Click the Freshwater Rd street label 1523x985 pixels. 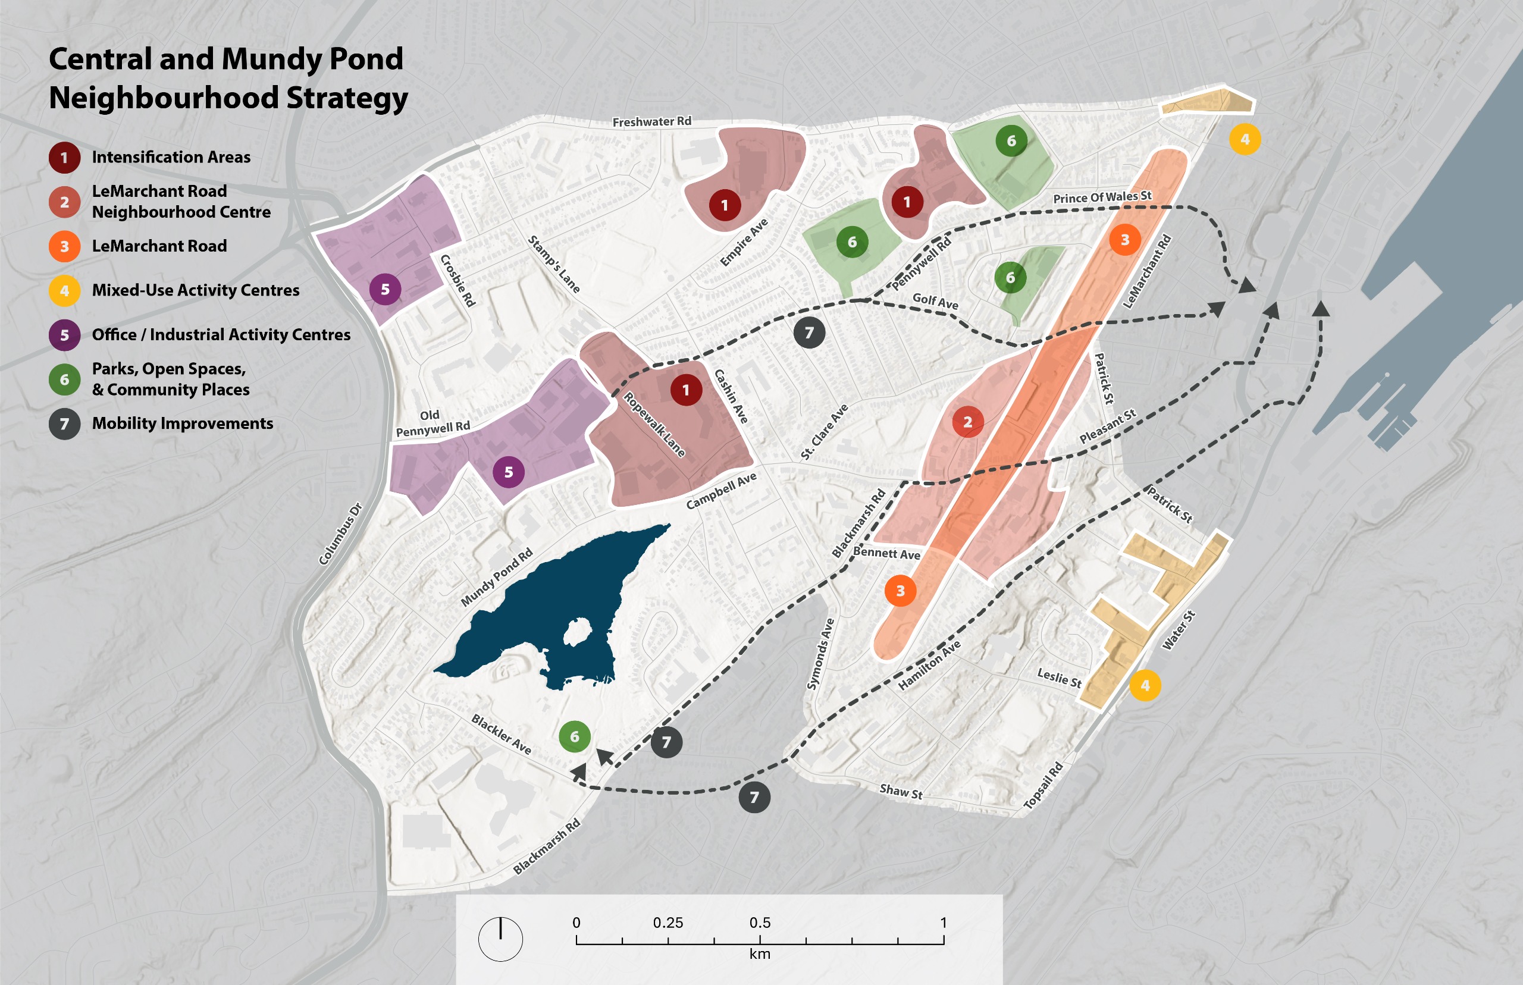(651, 121)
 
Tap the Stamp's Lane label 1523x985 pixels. (554, 264)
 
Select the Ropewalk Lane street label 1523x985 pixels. (654, 425)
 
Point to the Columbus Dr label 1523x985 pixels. (340, 534)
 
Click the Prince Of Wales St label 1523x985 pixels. (1102, 197)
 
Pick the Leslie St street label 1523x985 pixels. (1058, 677)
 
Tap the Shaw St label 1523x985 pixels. (901, 791)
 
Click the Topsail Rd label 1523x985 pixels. (1043, 785)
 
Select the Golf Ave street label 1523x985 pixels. (935, 300)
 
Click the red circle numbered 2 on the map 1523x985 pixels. (967, 422)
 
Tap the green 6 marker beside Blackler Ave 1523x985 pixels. (575, 736)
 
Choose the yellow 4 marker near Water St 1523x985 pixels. (1145, 685)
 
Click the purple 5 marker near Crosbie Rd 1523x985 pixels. (385, 289)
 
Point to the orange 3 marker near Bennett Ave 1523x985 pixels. (900, 591)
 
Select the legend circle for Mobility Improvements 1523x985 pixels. (65, 424)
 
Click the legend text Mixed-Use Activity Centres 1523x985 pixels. (195, 290)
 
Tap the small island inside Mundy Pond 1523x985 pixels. (578, 632)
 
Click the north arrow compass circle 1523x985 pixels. (500, 939)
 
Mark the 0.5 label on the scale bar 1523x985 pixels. (760, 923)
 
